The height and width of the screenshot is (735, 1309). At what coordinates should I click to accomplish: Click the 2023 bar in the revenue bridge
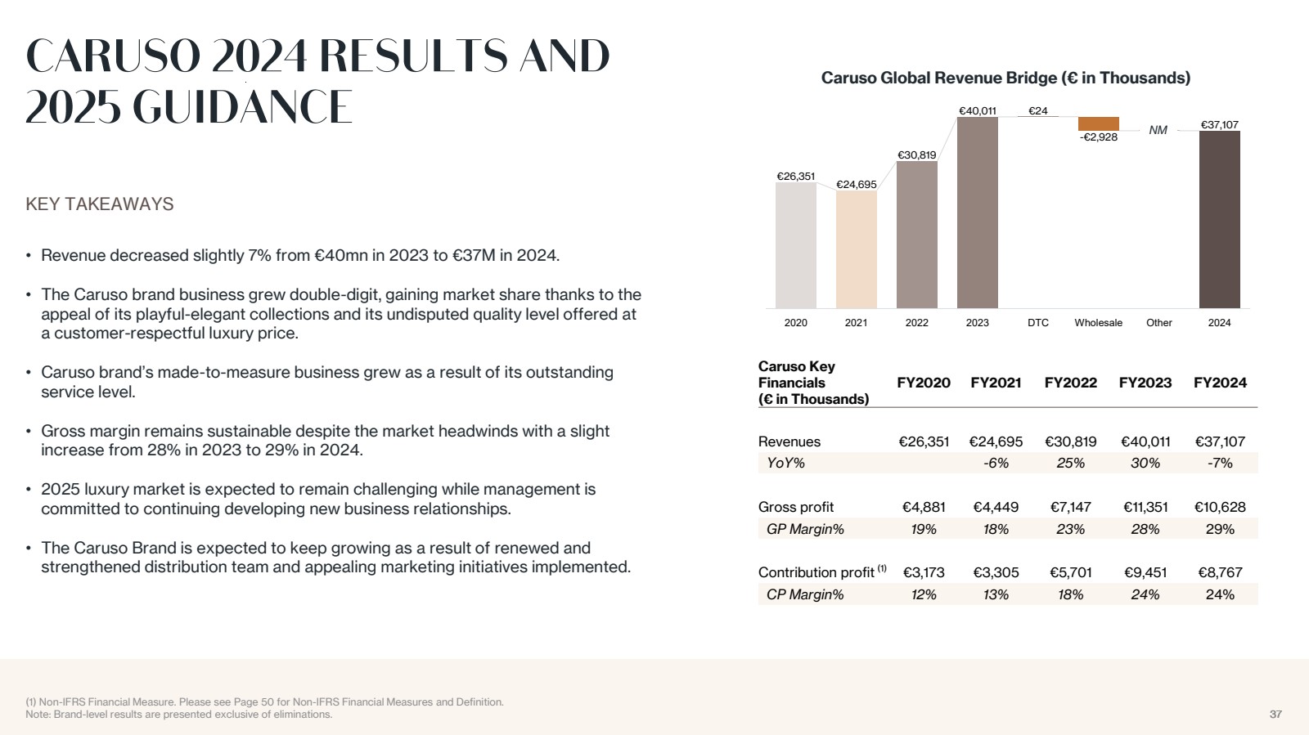[977, 213]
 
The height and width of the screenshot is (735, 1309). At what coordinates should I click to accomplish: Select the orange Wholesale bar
[1098, 123]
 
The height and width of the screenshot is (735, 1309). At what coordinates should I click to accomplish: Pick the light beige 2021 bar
[856, 249]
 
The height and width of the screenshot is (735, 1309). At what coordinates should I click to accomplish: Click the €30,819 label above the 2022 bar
[916, 155]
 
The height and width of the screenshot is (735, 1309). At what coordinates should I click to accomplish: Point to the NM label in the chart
[1158, 130]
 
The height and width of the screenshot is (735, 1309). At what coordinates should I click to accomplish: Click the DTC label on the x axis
[1037, 323]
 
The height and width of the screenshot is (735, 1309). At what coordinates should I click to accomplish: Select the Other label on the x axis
[1158, 323]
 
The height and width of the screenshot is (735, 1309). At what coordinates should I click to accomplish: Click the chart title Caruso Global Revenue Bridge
[1005, 78]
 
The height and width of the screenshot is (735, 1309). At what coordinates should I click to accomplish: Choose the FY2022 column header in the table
[1070, 383]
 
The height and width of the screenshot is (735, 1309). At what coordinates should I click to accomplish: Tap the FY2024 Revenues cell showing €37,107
[1220, 441]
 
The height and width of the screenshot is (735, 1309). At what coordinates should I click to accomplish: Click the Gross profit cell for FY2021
[996, 507]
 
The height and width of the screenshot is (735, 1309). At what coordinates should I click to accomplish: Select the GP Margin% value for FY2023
[1145, 529]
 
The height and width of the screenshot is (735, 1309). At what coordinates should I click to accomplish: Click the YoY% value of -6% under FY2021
[996, 463]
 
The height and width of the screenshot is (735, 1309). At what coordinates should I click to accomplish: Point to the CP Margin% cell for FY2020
[924, 594]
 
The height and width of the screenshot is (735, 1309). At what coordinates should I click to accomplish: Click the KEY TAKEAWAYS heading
[100, 204]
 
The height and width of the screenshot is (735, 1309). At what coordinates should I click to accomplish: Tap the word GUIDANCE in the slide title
[242, 107]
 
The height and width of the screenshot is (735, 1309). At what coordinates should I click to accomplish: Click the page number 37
[1275, 715]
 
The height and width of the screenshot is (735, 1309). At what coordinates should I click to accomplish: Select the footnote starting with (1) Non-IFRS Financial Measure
[264, 701]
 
